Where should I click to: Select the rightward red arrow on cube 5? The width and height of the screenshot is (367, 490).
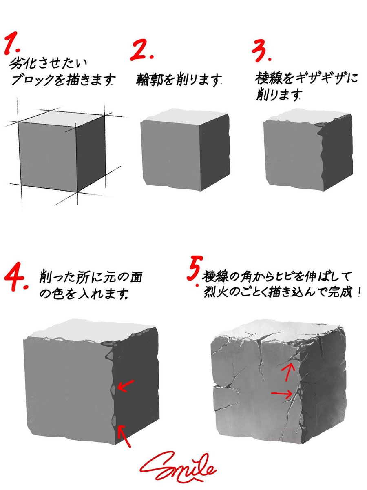281,394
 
